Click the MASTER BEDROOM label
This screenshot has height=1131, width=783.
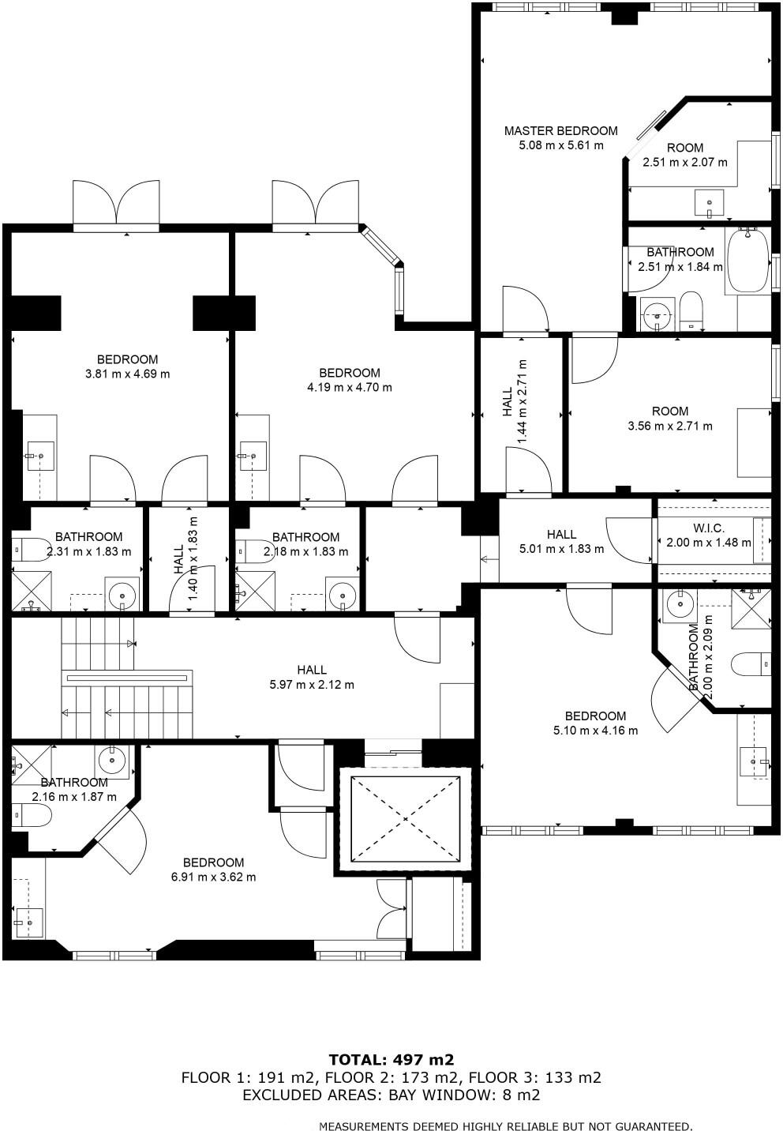pyautogui.click(x=560, y=130)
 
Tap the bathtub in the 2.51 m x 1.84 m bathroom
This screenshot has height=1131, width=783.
pyautogui.click(x=747, y=261)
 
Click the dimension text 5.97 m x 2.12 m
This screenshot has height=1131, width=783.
pyautogui.click(x=312, y=685)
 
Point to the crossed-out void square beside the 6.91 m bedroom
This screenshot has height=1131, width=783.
pyautogui.click(x=405, y=819)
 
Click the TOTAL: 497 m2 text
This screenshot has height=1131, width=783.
pyautogui.click(x=391, y=1059)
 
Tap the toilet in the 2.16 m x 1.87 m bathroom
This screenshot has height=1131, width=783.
pyautogui.click(x=31, y=815)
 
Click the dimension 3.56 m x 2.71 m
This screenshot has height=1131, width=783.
pyautogui.click(x=669, y=426)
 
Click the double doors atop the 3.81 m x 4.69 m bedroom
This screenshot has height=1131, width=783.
pyautogui.click(x=116, y=203)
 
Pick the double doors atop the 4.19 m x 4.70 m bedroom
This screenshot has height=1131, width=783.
pyautogui.click(x=315, y=203)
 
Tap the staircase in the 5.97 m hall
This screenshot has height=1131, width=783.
pyautogui.click(x=126, y=678)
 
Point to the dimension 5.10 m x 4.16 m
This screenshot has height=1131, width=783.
pyautogui.click(x=595, y=731)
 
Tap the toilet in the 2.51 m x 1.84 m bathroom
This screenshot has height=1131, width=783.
pyautogui.click(x=691, y=310)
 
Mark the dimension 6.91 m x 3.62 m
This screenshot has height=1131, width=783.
pyautogui.click(x=213, y=877)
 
